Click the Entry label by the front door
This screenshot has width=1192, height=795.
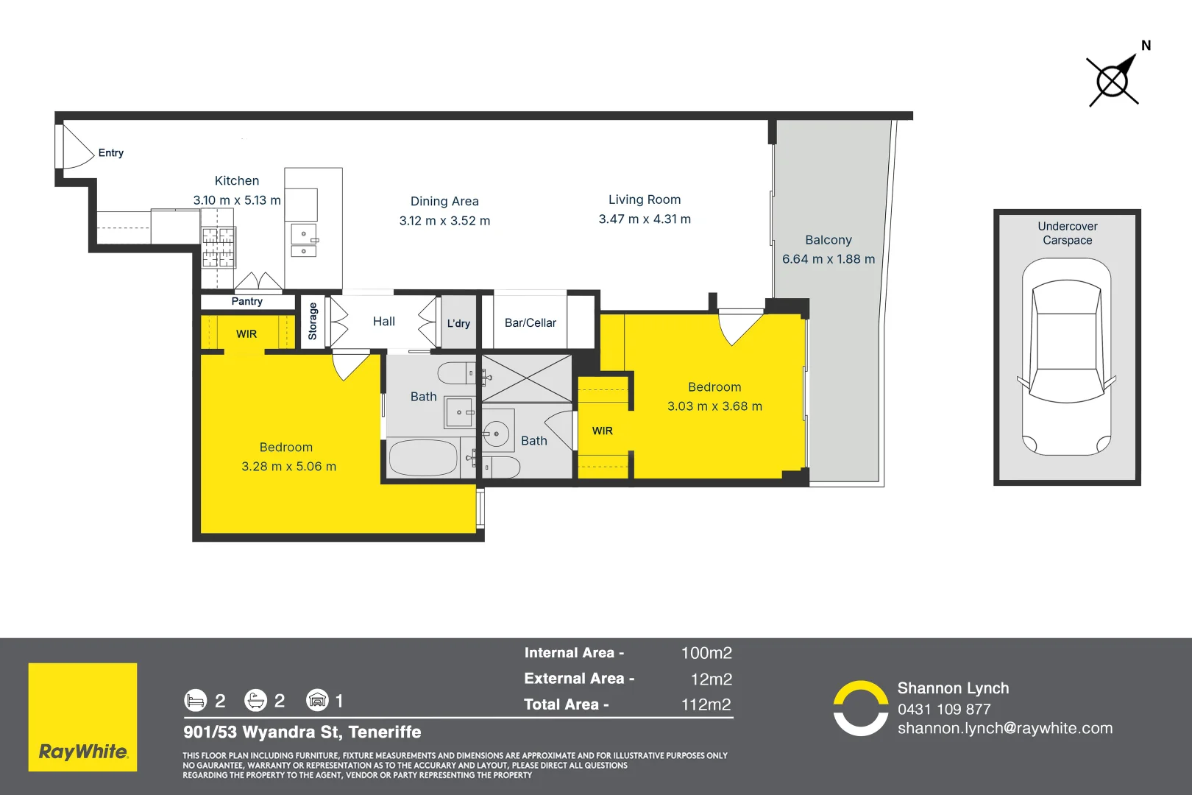[110, 153]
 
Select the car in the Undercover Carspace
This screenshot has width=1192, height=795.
[1066, 356]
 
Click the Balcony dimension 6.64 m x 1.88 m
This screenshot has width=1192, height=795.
[829, 259]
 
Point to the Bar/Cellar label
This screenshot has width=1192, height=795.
[530, 323]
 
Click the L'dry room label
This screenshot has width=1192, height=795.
[458, 323]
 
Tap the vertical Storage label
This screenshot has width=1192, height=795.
[313, 321]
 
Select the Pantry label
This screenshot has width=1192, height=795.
[246, 302]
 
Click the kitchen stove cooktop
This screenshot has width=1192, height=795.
[219, 247]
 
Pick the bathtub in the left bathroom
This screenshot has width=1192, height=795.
[423, 458]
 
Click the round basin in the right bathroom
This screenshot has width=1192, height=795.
[497, 434]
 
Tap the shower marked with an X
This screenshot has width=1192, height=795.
[526, 378]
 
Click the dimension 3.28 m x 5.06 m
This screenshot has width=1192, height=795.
[288, 467]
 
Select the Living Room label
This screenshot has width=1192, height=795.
[645, 199]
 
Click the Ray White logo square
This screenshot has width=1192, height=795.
[82, 717]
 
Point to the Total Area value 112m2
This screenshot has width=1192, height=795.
[706, 704]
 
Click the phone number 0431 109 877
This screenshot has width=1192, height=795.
[944, 710]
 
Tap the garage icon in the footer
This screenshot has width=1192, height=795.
[317, 700]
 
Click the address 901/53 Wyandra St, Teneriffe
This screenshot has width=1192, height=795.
[302, 732]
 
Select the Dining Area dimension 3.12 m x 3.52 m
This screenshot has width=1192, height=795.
[444, 221]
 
